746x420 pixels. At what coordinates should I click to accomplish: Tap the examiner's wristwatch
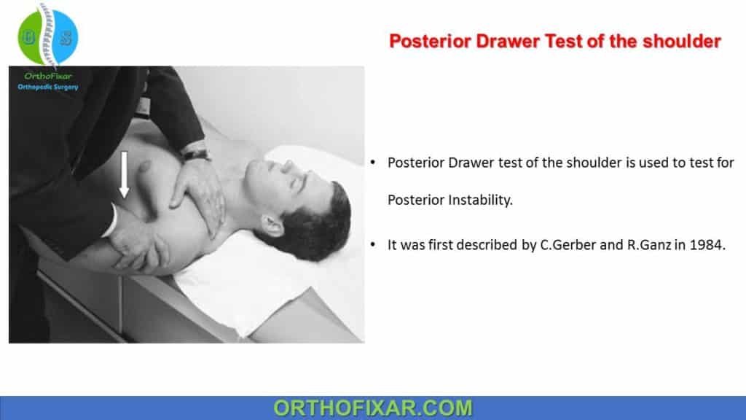tap(195, 154)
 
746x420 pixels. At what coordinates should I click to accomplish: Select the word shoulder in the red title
tap(682, 42)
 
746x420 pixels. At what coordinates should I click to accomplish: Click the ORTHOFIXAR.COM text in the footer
tap(372, 408)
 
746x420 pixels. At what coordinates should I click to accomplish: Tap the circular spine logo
tap(48, 36)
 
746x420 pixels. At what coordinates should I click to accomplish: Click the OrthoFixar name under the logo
tap(48, 76)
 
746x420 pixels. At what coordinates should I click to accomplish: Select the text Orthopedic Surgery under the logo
tap(48, 87)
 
